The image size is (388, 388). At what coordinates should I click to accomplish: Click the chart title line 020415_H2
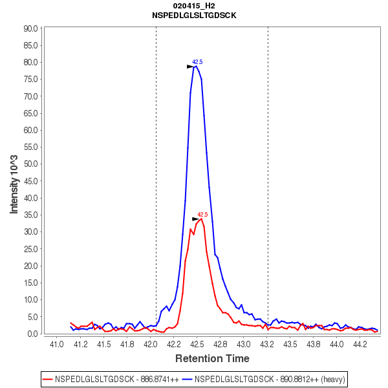194,5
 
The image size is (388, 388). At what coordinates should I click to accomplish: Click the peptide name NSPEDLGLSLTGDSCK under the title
194,15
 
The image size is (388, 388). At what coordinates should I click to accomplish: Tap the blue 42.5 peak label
197,62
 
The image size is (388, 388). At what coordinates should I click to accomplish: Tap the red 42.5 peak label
202,215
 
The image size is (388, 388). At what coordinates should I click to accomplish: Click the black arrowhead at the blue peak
190,67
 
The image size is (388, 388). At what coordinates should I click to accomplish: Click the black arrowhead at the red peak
195,219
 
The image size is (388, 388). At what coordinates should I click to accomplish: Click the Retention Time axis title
212,358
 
